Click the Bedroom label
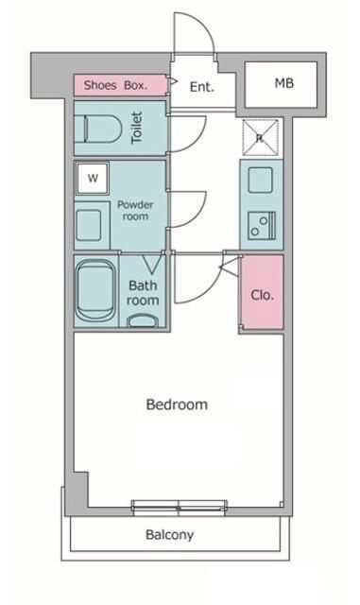point(177,405)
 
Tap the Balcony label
point(169,535)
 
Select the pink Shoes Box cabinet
point(121,85)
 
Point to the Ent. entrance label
point(202,87)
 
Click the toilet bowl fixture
point(103,129)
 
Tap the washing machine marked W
point(93,179)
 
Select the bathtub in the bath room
point(95,290)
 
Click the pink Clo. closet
point(263,292)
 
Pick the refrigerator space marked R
point(261,138)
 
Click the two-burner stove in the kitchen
point(262,225)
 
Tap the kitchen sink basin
point(261,180)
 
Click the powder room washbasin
point(89,225)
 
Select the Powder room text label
point(135,210)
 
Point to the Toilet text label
point(137,128)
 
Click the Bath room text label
point(144,293)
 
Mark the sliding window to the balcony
point(179,508)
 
